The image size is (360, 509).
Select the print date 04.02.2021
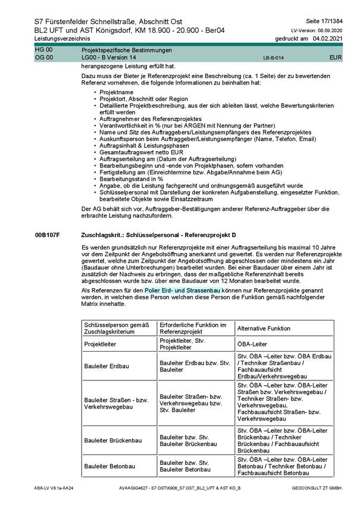(327, 38)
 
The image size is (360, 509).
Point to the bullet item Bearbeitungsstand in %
(129, 179)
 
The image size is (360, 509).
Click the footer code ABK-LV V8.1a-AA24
(54, 488)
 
